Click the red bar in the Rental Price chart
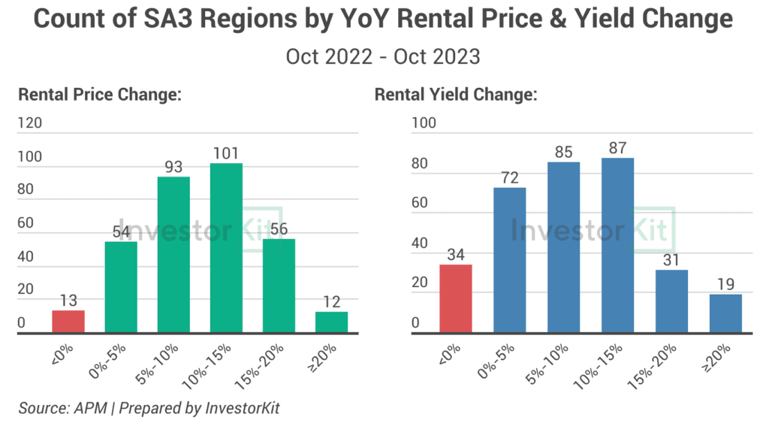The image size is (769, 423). pos(68,321)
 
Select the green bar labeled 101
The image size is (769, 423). pos(226,248)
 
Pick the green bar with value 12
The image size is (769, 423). pos(331,322)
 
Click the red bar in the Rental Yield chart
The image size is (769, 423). pos(456,298)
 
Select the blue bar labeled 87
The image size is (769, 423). pos(618,245)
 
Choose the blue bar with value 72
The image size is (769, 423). pos(510,259)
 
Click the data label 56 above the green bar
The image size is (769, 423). pos(279,228)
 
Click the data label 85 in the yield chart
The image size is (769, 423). pos(563,151)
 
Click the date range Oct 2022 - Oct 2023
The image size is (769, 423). pos(383,56)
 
